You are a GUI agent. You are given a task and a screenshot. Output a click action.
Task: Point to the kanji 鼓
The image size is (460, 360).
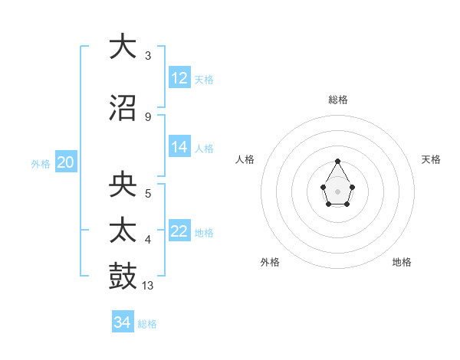123,277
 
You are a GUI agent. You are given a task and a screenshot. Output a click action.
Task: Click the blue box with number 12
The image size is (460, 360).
179,78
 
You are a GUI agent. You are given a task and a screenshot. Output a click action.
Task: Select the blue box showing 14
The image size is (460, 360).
179,147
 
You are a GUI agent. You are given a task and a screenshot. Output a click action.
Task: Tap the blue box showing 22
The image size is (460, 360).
179,231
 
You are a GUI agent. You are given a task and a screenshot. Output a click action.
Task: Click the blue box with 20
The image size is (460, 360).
66,162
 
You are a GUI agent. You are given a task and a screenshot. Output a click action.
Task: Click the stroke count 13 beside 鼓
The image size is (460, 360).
148,286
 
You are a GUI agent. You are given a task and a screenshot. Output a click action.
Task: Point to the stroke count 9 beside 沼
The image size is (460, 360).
147,116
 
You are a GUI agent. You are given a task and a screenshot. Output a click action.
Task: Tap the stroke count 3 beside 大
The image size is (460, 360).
147,56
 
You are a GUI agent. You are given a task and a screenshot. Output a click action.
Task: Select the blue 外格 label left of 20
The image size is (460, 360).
41,163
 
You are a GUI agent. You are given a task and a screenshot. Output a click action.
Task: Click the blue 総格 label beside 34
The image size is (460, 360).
147,324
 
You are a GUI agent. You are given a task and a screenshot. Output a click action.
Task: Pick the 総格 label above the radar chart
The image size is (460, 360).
338,100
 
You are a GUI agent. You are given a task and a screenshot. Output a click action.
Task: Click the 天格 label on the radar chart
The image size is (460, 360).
432,159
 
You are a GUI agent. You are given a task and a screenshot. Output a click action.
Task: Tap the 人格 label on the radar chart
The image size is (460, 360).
245,159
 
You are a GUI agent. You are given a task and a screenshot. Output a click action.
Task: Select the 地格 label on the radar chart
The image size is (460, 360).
402,262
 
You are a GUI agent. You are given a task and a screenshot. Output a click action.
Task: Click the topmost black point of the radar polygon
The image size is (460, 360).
337,161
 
